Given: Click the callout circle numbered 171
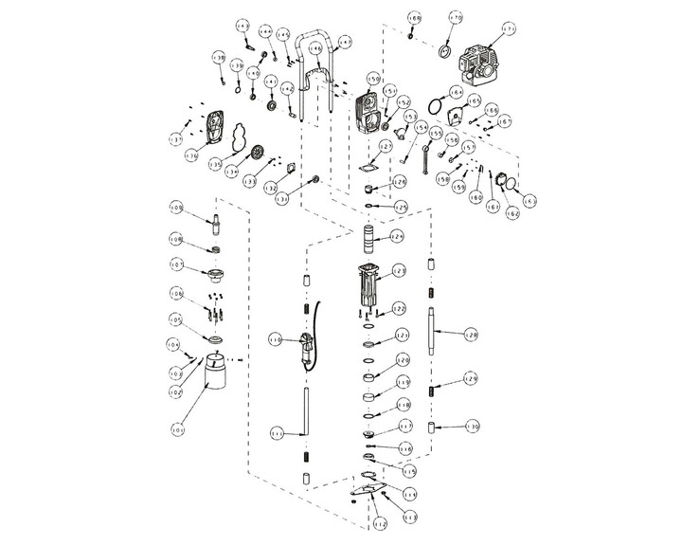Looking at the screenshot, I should tap(510, 30).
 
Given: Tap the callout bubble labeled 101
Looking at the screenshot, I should tap(177, 430).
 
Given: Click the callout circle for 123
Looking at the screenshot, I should tap(399, 270).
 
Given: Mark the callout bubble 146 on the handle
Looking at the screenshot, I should tap(314, 47).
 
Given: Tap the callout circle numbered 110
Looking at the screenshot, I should tap(275, 338).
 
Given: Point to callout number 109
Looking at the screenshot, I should tap(176, 207).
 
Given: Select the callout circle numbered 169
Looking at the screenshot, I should tap(414, 18).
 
